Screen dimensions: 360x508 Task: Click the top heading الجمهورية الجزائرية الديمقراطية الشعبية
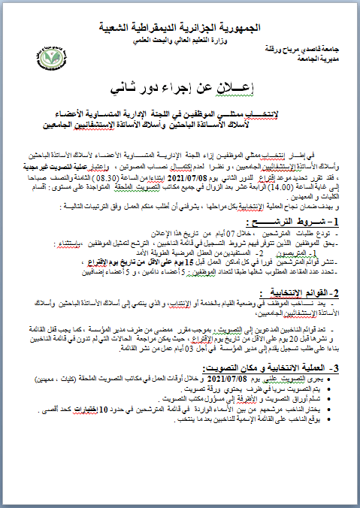[180, 27]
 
